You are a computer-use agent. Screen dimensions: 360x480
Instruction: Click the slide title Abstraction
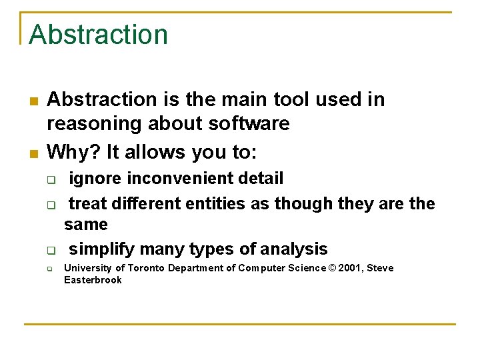98,35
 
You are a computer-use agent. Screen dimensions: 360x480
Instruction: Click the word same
85,225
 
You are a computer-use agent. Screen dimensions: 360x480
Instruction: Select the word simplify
101,249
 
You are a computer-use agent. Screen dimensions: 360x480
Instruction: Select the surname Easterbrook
93,280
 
